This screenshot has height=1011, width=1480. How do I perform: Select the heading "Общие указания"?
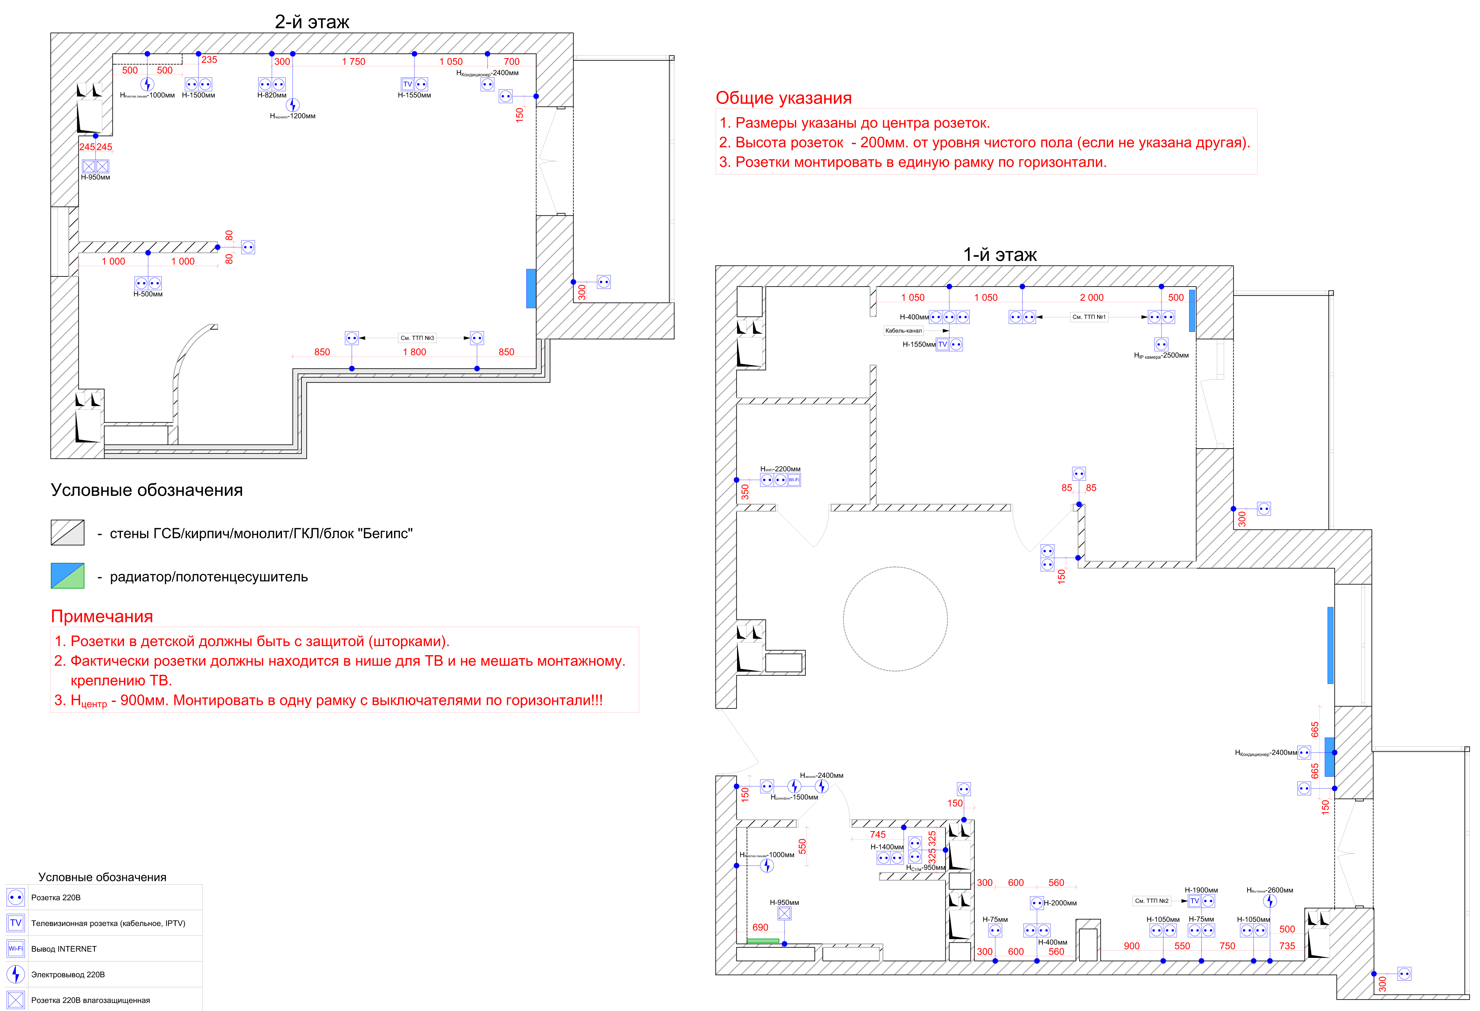coord(783,98)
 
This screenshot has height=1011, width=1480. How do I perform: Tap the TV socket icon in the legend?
coord(15,923)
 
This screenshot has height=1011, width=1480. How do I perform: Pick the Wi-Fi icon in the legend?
coord(15,949)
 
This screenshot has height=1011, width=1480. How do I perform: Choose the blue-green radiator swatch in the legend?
coord(68,575)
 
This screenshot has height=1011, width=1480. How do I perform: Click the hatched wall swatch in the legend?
coord(68,532)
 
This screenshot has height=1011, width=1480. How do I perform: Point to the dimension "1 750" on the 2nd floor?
coord(354,62)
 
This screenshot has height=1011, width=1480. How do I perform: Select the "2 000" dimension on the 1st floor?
coord(1092,298)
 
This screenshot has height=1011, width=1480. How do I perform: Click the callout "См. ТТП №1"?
coord(1089,317)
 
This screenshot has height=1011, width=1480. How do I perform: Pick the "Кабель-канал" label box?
coord(903,331)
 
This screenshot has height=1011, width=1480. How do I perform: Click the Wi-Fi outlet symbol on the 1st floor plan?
coord(793,480)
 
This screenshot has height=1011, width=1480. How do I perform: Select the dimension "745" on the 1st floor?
coord(878,835)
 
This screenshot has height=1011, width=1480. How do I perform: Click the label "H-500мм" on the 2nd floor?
coord(148,294)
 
